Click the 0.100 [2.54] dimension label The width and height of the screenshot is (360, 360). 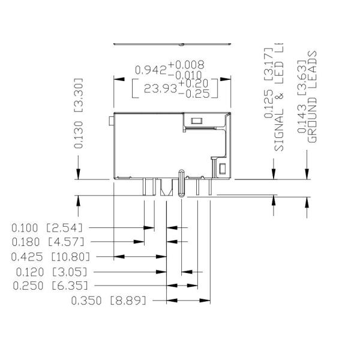(46, 228)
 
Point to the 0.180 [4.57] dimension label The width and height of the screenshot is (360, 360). (46, 242)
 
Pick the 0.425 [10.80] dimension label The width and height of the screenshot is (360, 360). (50, 257)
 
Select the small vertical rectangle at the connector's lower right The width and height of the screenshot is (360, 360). (221, 170)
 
